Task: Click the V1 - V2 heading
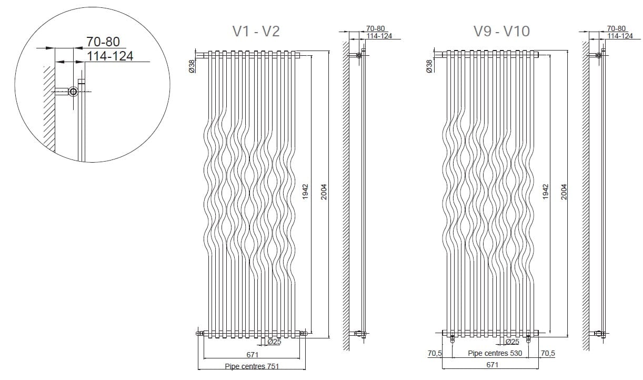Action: pyautogui.click(x=256, y=32)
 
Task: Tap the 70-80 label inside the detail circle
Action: pyautogui.click(x=103, y=42)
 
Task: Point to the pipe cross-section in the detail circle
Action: pyautogui.click(x=73, y=92)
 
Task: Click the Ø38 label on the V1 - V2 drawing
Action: pyautogui.click(x=192, y=66)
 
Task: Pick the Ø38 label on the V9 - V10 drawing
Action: pyautogui.click(x=429, y=66)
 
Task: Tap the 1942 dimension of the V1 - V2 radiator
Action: pyautogui.click(x=306, y=191)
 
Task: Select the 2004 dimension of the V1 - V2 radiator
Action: pyautogui.click(x=324, y=191)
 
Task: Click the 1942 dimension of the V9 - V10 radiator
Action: pyautogui.click(x=546, y=191)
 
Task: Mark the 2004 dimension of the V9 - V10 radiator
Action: pyautogui.click(x=564, y=191)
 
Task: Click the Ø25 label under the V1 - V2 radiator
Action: pyautogui.click(x=275, y=342)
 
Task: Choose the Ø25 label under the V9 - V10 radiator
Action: pyautogui.click(x=513, y=342)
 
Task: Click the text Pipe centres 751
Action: pyautogui.click(x=252, y=366)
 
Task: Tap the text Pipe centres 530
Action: pyautogui.click(x=495, y=353)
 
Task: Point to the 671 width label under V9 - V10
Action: pyautogui.click(x=491, y=365)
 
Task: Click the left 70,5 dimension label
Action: pyautogui.click(x=435, y=353)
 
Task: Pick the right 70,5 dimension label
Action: pyautogui.click(x=548, y=353)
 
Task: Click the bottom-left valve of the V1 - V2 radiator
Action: pyautogui.click(x=199, y=333)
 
